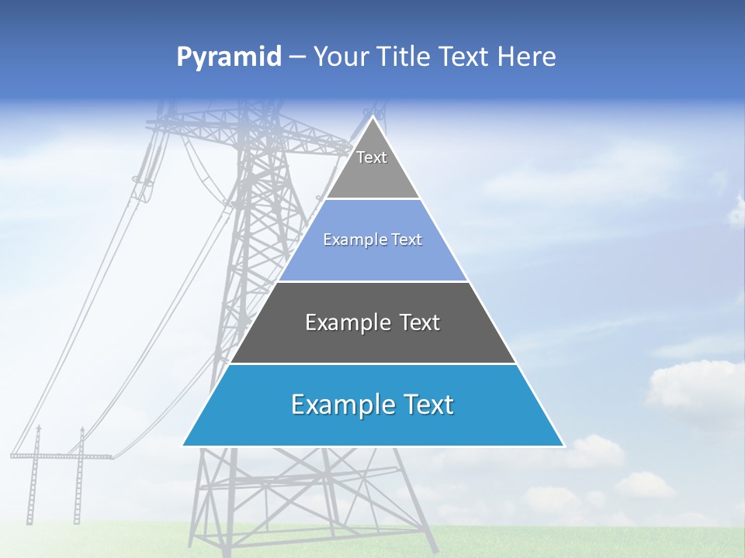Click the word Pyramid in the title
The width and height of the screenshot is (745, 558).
tap(229, 57)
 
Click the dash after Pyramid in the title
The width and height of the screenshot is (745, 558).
tap(297, 57)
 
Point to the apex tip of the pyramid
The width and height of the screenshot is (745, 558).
tap(373, 119)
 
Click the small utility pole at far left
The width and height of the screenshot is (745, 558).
tap(34, 477)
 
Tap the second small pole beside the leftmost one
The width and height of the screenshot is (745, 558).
tap(78, 477)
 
